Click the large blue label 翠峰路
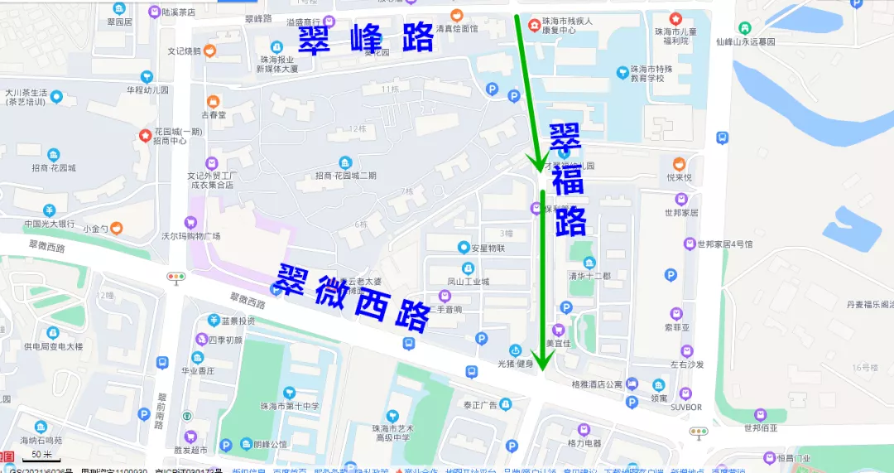(x=365, y=38)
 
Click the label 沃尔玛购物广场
(x=190, y=236)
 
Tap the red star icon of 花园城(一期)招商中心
(x=145, y=133)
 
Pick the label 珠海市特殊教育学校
(x=647, y=74)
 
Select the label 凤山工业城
(x=469, y=281)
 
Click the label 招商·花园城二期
(x=345, y=175)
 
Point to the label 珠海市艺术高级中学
(x=394, y=432)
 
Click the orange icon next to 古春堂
(x=214, y=102)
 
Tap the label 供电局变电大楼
(x=53, y=346)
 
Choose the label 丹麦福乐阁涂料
(x=869, y=305)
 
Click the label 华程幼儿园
(x=147, y=89)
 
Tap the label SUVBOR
(x=685, y=407)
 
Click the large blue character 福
(x=569, y=181)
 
